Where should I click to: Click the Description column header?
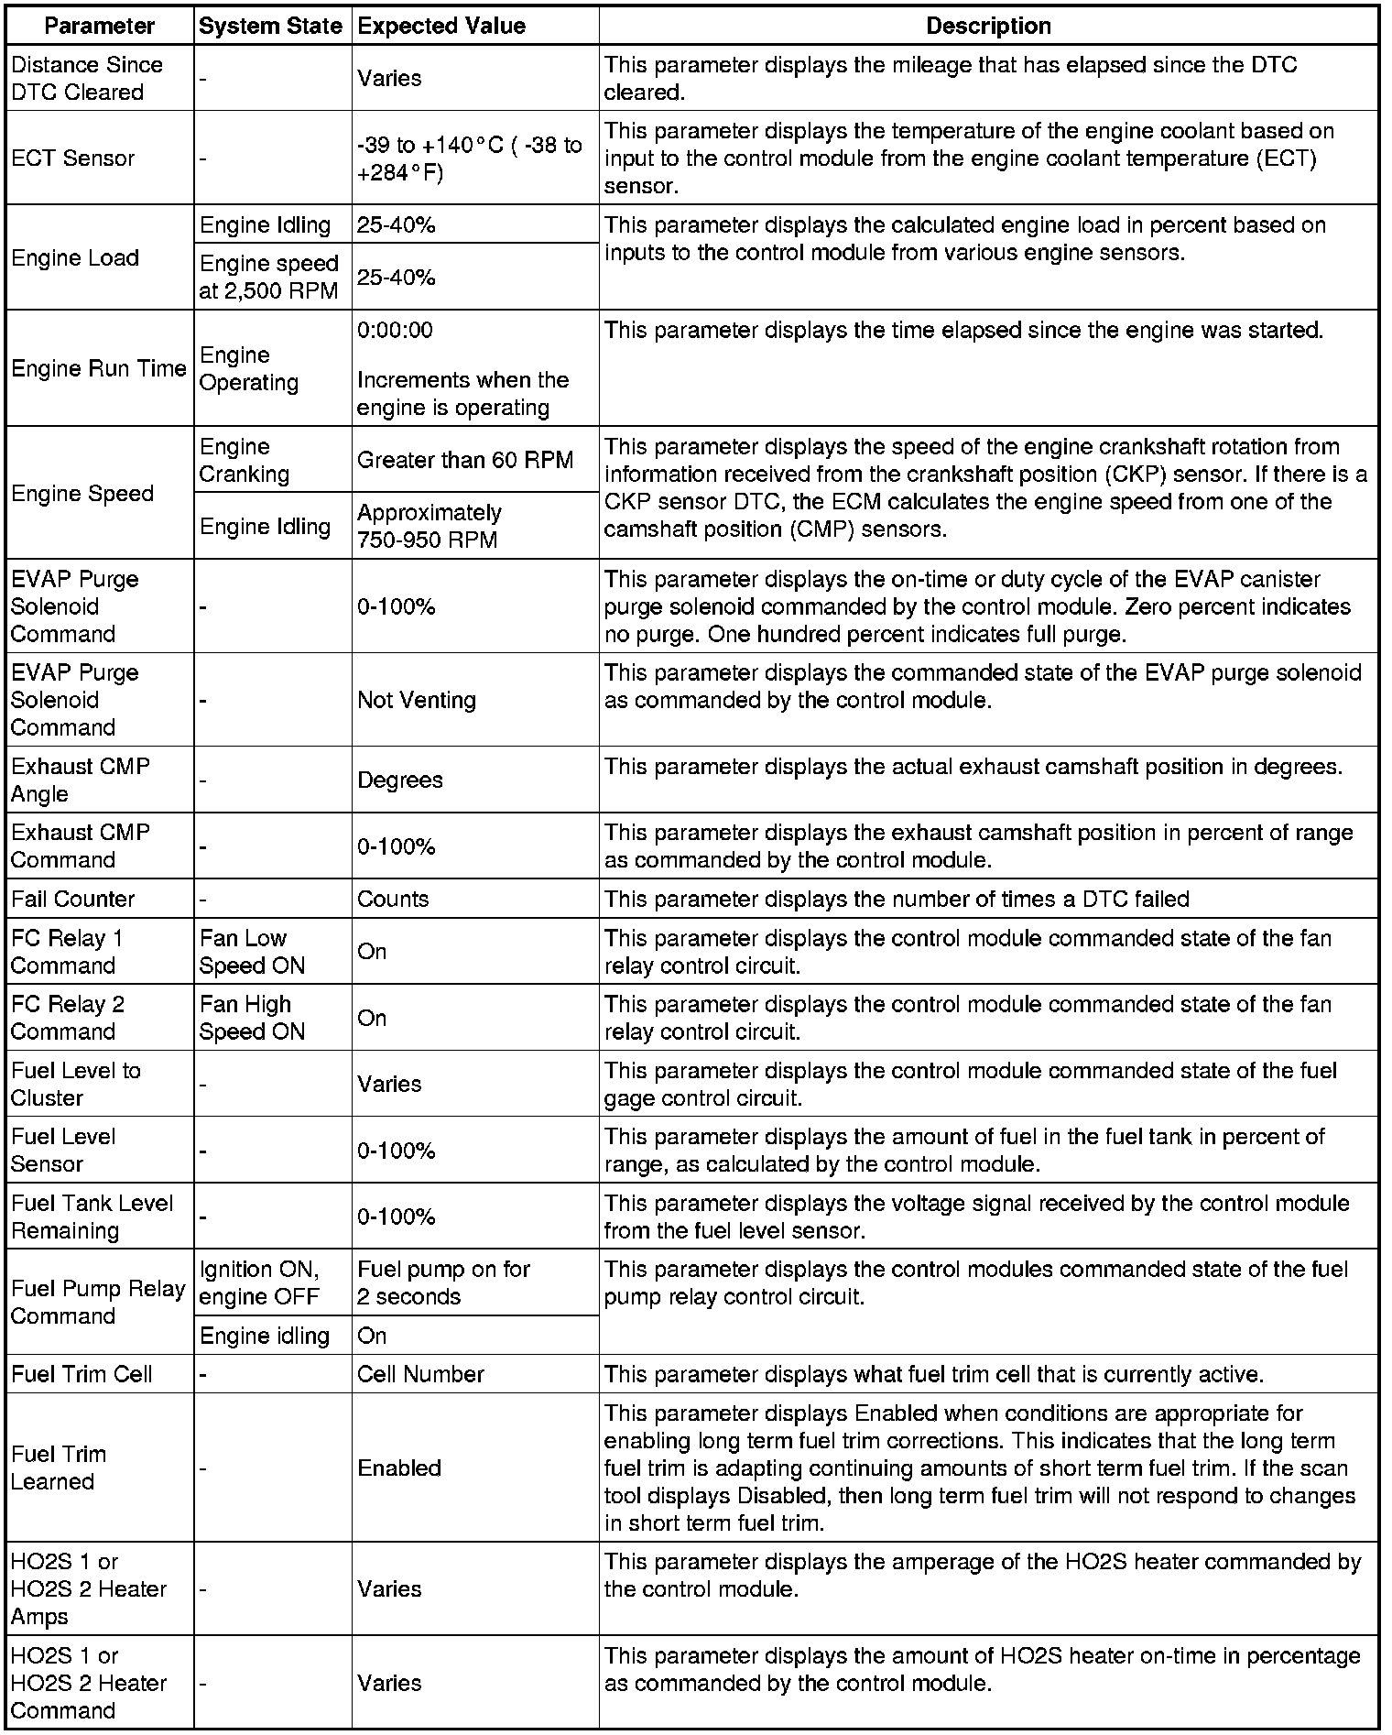[988, 26]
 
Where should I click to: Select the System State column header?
[270, 26]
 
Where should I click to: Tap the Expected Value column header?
[441, 26]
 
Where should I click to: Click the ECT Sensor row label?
[73, 158]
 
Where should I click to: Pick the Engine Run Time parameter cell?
[99, 368]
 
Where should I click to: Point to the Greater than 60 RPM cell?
[465, 460]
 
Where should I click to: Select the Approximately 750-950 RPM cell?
[430, 526]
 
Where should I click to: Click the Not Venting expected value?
[417, 700]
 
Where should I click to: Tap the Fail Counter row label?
[73, 899]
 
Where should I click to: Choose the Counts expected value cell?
[393, 899]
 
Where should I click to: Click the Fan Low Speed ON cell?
[252, 952]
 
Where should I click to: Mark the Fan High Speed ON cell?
[252, 1018]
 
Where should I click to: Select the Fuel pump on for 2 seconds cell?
[444, 1282]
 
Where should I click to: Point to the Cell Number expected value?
[420, 1374]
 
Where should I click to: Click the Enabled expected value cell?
[399, 1468]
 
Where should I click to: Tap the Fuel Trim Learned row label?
[59, 1468]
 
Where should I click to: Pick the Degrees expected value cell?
[400, 780]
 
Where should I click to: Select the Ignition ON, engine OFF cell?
[259, 1282]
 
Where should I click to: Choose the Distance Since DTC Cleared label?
[87, 79]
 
